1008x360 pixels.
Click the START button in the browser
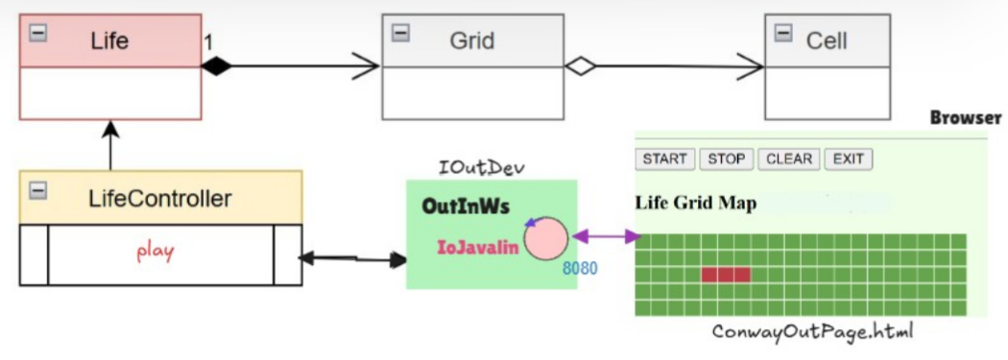click(x=664, y=159)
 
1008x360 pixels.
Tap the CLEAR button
click(x=788, y=159)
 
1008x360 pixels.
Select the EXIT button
click(x=848, y=159)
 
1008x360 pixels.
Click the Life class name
click(x=109, y=40)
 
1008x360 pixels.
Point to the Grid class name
click(x=472, y=40)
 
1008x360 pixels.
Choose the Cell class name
click(x=827, y=40)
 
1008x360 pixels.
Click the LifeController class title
click(x=159, y=199)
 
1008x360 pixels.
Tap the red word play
click(x=156, y=252)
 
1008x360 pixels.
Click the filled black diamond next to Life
click(x=217, y=66)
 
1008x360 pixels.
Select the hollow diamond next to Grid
click(x=580, y=66)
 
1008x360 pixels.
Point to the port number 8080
click(x=579, y=269)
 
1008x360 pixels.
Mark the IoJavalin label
click(x=478, y=248)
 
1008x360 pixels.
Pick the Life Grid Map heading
click(x=695, y=204)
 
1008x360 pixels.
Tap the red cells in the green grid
click(x=725, y=275)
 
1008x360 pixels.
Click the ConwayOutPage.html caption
click(x=812, y=332)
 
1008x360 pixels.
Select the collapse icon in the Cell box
click(x=783, y=33)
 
